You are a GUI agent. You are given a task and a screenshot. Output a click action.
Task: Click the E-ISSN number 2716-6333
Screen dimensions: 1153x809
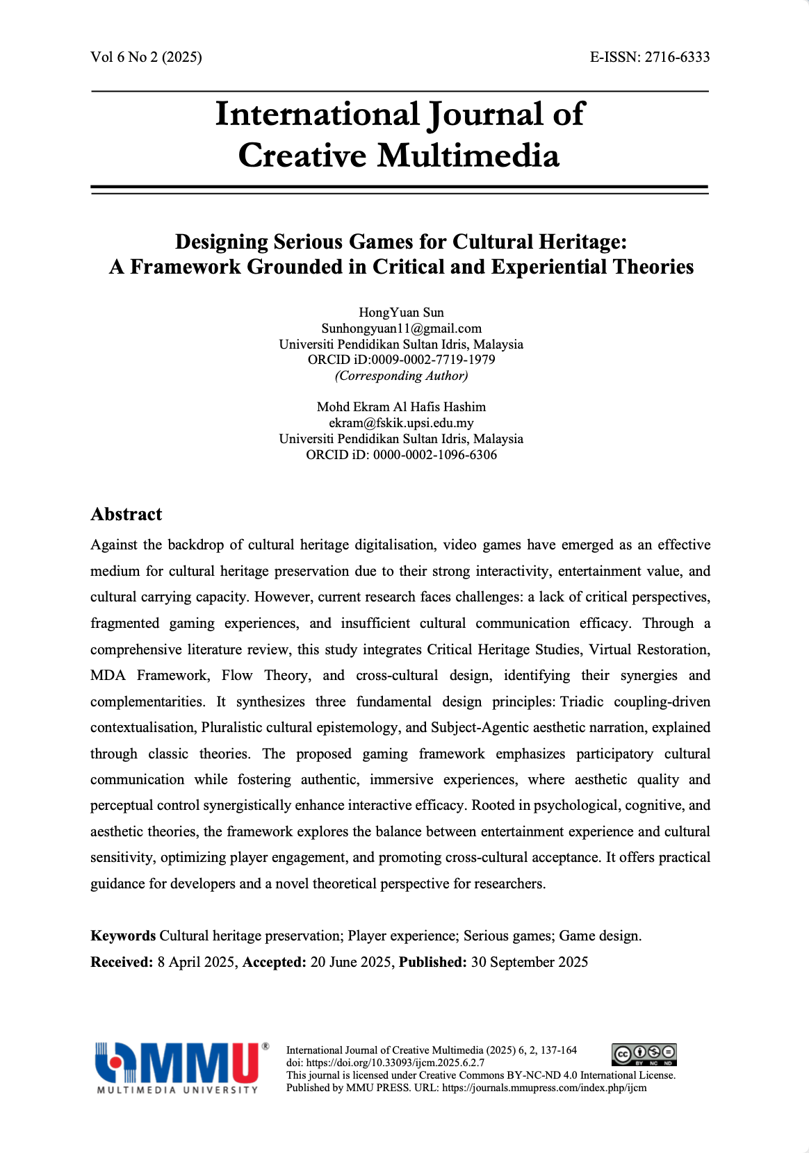point(677,58)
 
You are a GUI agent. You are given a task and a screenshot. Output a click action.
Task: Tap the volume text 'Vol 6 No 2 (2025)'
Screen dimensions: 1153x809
point(146,58)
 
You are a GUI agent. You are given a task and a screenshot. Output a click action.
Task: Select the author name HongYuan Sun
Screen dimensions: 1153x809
point(401,313)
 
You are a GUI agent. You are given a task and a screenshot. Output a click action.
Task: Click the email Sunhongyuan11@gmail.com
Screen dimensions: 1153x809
point(401,329)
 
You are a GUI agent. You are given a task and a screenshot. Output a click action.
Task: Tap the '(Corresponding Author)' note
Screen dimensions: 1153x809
point(401,376)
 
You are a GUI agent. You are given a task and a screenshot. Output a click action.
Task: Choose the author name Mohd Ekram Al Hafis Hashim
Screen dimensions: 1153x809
point(401,407)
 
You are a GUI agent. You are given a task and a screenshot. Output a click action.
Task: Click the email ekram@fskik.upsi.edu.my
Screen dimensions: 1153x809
point(401,423)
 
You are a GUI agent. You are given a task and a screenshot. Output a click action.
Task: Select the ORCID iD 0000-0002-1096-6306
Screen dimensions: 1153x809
point(434,455)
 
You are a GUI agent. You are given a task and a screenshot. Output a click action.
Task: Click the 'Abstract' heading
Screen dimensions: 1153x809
point(126,515)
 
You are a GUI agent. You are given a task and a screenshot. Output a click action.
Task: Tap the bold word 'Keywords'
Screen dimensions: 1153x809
point(123,936)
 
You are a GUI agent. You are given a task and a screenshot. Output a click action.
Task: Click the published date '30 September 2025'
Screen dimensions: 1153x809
point(529,963)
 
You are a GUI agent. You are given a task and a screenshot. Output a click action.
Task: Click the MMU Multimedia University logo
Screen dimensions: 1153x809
point(181,1068)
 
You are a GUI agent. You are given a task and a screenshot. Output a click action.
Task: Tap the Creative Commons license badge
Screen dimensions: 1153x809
point(644,1054)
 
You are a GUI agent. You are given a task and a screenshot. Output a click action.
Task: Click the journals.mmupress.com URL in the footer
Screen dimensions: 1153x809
point(544,1088)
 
